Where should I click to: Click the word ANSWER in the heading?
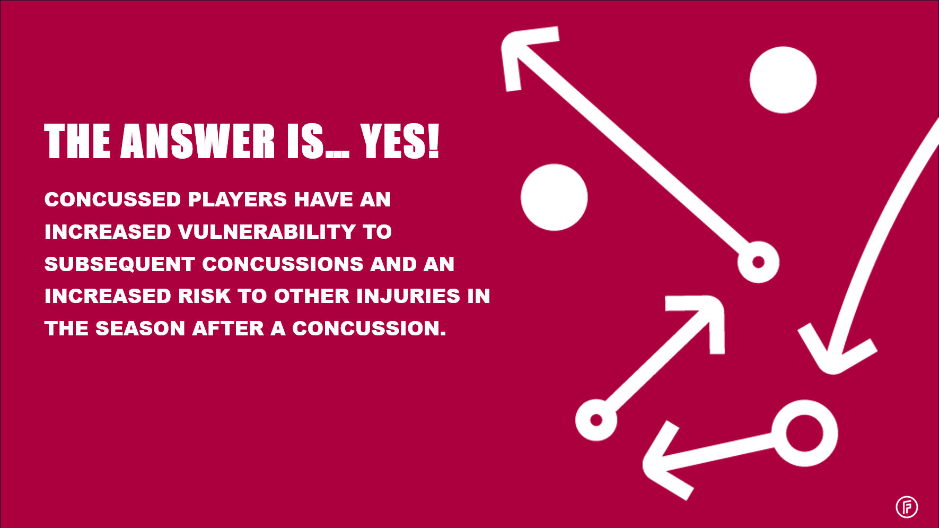198,141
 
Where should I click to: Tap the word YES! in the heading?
400,141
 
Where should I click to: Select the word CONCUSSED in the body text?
113,200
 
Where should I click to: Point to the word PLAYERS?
238,200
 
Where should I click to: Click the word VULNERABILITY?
267,232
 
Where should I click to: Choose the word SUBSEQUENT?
120,264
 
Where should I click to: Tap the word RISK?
205,296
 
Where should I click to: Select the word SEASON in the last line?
141,328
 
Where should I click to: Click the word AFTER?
228,328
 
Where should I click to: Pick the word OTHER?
312,296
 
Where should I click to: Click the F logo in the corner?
907,507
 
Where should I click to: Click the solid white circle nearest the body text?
554,197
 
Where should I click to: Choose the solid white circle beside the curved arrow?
783,80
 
